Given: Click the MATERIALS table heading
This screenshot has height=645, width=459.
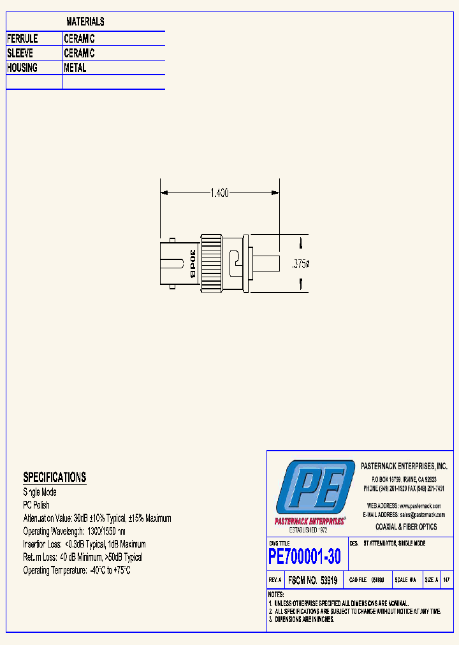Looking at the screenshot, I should [85, 22].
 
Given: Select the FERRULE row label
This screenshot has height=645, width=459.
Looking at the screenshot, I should [22, 39].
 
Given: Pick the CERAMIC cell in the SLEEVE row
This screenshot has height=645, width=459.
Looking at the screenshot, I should [79, 54].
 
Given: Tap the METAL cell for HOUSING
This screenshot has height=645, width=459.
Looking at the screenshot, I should [75, 68].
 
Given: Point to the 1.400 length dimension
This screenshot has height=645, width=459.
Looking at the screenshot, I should [219, 192].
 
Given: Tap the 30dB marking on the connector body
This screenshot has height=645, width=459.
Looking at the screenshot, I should [191, 264].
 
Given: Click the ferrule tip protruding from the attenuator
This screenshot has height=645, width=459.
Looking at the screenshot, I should [266, 264].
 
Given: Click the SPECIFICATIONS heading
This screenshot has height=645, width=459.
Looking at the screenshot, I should [54, 477].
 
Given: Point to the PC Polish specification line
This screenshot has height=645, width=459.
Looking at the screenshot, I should [36, 505].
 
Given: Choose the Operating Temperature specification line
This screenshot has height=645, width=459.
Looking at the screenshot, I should [76, 570].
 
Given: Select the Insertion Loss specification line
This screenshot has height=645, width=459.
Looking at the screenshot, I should [84, 544].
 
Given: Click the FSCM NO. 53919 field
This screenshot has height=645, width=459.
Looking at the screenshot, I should [312, 581].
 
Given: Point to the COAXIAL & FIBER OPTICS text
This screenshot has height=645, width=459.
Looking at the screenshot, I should [406, 527].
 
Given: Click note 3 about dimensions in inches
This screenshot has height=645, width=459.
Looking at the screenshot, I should [303, 619].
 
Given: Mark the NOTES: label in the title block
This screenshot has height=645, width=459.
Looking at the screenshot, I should [277, 595].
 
